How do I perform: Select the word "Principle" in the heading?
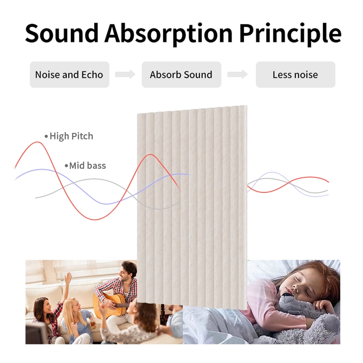[290, 33]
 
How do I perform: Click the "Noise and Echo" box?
[69, 75]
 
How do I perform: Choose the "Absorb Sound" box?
[181, 75]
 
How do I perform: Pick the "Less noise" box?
[295, 75]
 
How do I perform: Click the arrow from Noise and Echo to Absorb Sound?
[125, 75]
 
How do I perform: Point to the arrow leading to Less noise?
[238, 75]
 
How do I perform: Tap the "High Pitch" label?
[71, 136]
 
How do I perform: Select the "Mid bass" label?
[88, 166]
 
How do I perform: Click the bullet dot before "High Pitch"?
[46, 136]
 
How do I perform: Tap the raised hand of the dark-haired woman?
[68, 277]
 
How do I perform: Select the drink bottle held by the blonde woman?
[92, 321]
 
